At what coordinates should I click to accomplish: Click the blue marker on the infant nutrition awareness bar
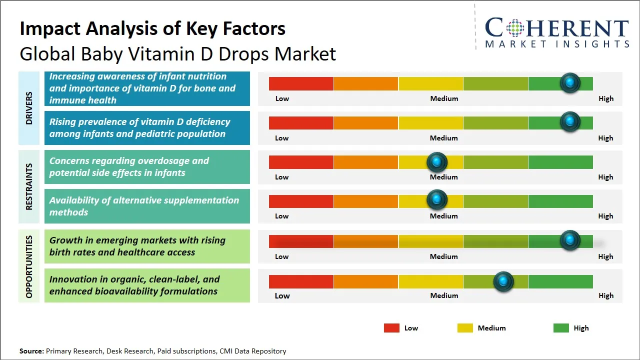pos(569,83)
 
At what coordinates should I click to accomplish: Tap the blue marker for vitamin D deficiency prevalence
pos(569,122)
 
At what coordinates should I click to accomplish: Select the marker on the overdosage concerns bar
pos(437,161)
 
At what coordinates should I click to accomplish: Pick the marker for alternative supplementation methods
pos(437,200)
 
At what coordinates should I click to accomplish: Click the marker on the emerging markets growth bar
pos(569,240)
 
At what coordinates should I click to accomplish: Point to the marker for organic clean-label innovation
pos(503,282)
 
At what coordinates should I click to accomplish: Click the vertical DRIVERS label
pos(29,108)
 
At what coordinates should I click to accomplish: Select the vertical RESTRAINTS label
pos(29,186)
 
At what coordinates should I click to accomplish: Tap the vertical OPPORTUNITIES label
pos(29,266)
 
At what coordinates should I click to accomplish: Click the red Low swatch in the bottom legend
pos(391,328)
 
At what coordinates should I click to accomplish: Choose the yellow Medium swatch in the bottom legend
pos(465,328)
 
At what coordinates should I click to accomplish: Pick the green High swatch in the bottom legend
pos(561,328)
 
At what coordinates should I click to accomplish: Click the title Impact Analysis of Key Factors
pos(152,29)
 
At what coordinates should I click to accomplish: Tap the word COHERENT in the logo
pos(557,28)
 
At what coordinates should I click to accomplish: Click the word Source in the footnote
pos(31,351)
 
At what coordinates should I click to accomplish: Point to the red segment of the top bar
pos(301,83)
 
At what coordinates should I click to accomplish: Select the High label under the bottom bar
pos(605,295)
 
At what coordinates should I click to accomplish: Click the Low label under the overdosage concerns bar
pos(282,177)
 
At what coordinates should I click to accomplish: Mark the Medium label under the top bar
pos(444,98)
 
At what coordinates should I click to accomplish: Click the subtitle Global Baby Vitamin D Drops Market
pos(177,54)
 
